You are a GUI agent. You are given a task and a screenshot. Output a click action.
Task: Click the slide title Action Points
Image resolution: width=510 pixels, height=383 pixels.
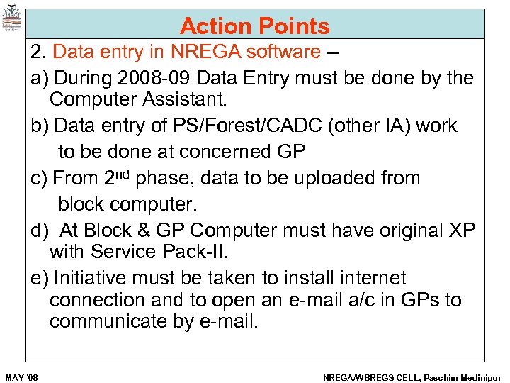click(255, 26)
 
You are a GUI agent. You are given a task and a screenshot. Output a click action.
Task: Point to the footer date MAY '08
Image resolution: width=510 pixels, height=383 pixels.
click(21, 377)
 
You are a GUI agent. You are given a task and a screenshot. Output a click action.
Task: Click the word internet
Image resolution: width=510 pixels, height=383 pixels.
click(369, 278)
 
